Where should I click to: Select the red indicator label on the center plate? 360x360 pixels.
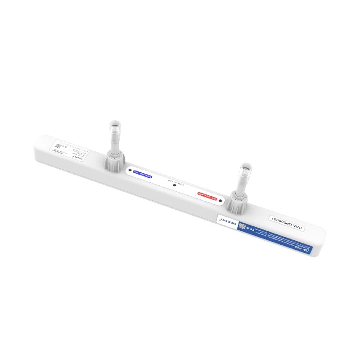[208, 195]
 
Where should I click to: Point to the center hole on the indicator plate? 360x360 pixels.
[175, 185]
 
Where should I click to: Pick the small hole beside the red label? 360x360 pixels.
[220, 200]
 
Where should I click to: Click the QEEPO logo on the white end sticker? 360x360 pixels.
[81, 158]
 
